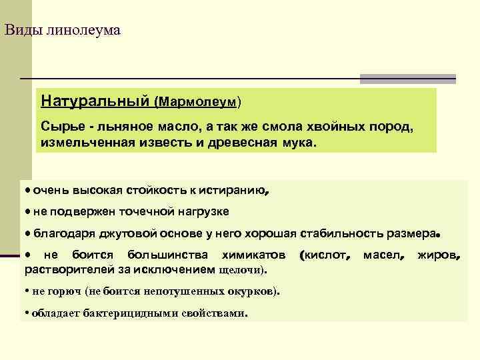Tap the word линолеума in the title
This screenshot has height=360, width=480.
[83, 30]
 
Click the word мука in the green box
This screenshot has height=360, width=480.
[293, 143]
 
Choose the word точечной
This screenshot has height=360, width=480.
[146, 211]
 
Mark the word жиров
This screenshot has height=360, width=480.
[438, 255]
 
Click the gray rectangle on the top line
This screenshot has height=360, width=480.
[407, 79]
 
